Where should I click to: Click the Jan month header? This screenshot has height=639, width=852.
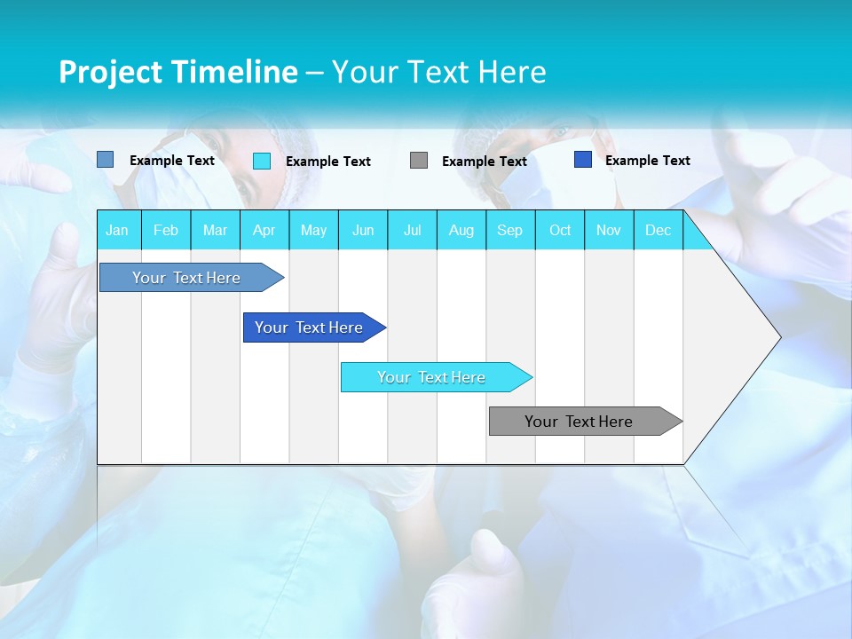[118, 230]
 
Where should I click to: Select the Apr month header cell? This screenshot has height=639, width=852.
[264, 230]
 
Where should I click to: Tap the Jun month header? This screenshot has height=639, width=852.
[363, 230]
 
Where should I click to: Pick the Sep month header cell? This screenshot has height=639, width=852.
[510, 230]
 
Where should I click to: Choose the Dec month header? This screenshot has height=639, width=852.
[658, 230]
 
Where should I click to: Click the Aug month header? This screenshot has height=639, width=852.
[461, 230]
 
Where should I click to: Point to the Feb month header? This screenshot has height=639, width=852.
[166, 230]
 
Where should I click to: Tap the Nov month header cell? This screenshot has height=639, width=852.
[609, 230]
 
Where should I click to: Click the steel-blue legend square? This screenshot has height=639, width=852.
[106, 160]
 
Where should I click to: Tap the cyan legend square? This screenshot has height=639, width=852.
[262, 161]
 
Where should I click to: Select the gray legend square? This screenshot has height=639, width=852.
[419, 161]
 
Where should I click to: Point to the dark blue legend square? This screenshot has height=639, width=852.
[583, 160]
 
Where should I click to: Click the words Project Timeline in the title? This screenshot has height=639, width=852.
[178, 72]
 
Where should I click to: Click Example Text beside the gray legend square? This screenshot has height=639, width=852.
[484, 161]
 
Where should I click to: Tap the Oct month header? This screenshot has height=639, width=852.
[560, 230]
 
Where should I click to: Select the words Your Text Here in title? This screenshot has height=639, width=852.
[438, 72]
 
